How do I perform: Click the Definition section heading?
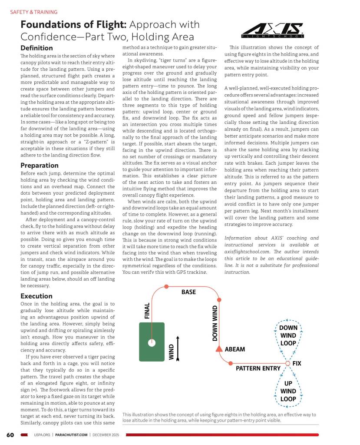coord(36,48)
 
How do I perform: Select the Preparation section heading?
coord(40,165)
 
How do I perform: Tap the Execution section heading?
coord(36,296)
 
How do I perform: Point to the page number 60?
coord(10,435)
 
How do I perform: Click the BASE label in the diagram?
coord(188,292)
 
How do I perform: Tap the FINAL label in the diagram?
coord(147,311)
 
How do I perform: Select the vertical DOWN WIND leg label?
coord(215,323)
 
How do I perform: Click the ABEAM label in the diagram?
coord(235,349)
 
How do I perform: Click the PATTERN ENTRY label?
coord(258,369)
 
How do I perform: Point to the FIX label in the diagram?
coord(297,363)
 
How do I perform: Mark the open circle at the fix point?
coord(287,363)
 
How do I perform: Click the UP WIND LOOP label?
coord(288,391)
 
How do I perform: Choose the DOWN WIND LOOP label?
coord(288,335)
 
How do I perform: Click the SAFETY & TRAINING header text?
coord(33,12)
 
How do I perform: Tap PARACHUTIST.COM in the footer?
coord(72,435)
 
